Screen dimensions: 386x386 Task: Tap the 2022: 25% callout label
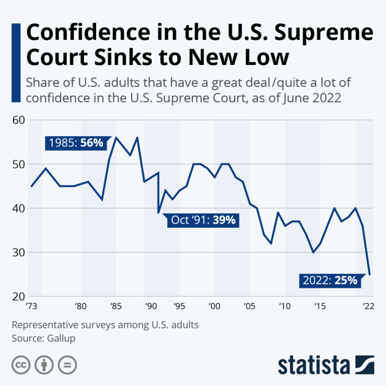click(330, 281)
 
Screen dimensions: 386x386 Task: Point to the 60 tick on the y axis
click(19, 120)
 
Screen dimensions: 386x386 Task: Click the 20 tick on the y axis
click(19, 297)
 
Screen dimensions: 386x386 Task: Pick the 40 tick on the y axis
click(19, 208)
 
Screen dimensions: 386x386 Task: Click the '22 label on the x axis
click(368, 305)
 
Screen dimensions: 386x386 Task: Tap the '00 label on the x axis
click(214, 305)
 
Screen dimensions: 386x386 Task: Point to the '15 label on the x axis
click(319, 305)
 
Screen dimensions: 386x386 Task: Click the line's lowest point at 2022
click(369, 274)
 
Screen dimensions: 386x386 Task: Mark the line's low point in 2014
click(313, 252)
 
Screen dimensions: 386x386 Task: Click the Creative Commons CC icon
click(21, 365)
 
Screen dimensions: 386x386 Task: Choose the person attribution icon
click(44, 365)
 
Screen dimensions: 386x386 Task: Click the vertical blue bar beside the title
click(15, 47)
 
